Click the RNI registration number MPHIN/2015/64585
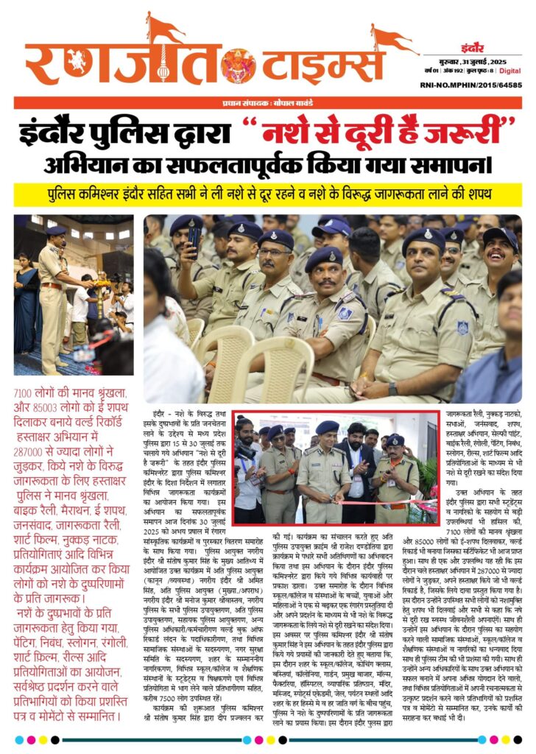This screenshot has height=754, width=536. [x=483, y=86]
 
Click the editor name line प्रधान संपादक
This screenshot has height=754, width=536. [x=267, y=103]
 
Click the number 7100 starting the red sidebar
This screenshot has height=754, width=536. [x=27, y=394]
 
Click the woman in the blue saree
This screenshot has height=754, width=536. [x=27, y=295]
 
